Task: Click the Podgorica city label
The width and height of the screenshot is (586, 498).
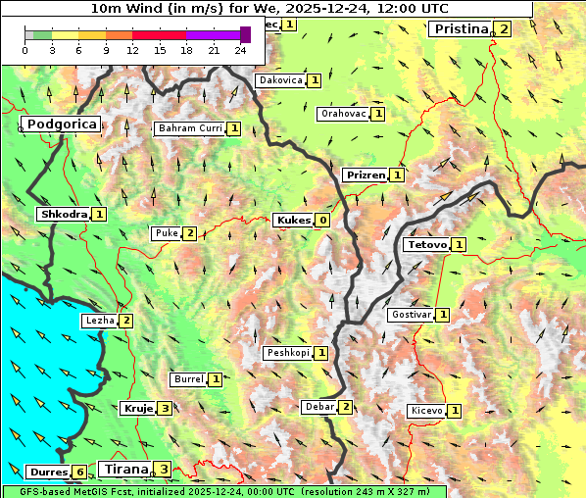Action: (61, 124)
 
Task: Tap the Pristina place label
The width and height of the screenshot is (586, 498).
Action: (461, 28)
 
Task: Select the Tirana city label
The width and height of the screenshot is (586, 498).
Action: (123, 469)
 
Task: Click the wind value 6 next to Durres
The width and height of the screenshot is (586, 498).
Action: (79, 472)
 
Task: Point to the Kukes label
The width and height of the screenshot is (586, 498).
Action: (292, 221)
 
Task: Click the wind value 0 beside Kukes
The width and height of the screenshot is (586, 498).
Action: (322, 221)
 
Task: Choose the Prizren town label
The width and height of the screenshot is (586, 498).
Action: (365, 175)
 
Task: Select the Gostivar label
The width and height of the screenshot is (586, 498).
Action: (410, 315)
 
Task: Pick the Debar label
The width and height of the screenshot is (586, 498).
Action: (319, 407)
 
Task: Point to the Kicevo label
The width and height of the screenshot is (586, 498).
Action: (426, 411)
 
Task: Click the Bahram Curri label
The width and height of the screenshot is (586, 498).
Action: (190, 128)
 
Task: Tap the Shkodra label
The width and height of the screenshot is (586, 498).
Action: (64, 214)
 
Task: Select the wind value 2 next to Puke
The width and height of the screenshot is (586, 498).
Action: (189, 233)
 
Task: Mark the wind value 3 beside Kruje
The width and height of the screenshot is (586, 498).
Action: (166, 409)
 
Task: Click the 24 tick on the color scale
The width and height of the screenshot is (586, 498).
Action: (241, 50)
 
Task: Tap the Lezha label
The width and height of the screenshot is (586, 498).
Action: (100, 321)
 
